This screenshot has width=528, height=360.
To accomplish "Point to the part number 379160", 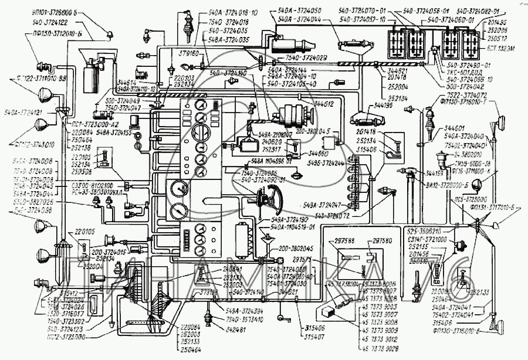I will click(x=192, y=53).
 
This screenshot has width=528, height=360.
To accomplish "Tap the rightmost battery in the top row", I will click(x=473, y=42).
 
